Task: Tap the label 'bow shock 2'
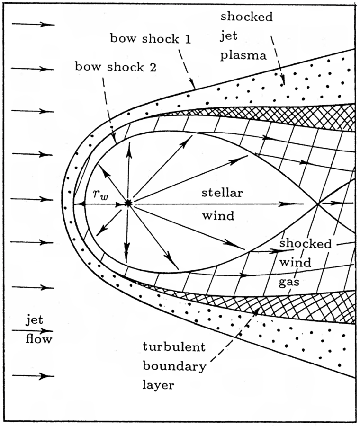[116, 66]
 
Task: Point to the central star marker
[127, 204]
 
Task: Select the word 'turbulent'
[174, 347]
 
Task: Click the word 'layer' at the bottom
[158, 385]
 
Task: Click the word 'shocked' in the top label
[246, 18]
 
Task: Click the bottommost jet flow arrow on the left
[33, 376]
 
